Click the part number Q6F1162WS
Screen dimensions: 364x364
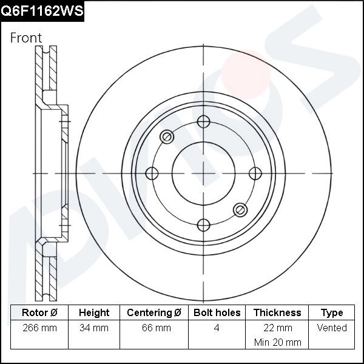click(42, 11)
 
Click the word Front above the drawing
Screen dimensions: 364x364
click(26, 38)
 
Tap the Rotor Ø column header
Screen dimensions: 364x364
click(39, 313)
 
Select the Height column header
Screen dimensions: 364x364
click(94, 313)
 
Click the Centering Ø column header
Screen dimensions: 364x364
click(154, 313)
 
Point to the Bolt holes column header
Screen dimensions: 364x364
click(217, 313)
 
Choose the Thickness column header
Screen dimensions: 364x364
click(277, 313)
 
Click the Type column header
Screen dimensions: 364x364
click(332, 313)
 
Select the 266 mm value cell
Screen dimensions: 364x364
click(39, 328)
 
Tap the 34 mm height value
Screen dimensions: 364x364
click(94, 328)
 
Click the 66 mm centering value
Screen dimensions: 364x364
click(154, 328)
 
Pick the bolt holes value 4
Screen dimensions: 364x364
click(217, 328)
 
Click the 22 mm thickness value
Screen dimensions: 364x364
click(277, 328)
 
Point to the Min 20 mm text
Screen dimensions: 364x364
click(277, 342)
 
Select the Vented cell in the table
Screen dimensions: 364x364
click(332, 328)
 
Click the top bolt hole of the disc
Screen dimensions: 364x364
click(204, 123)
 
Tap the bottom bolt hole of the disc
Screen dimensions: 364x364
click(204, 224)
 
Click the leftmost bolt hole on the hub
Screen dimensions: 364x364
click(152, 174)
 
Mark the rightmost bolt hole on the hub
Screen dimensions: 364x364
click(255, 174)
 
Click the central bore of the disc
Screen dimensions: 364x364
click(204, 174)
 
